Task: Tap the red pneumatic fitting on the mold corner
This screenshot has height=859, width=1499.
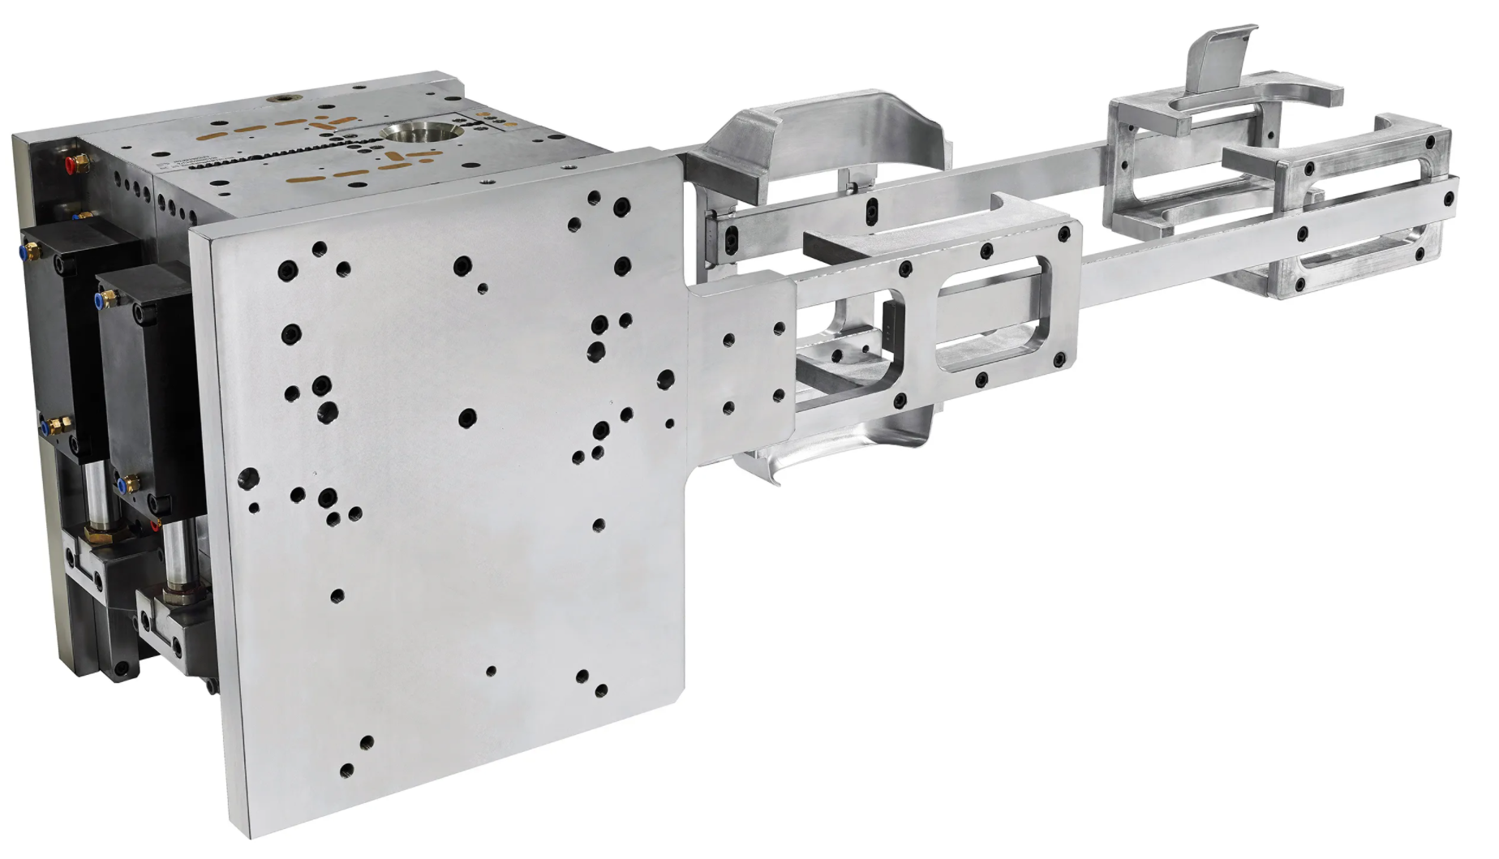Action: pos(72,163)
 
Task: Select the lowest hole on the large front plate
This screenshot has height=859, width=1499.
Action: pos(347,769)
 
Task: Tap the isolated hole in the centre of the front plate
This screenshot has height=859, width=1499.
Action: pos(467,419)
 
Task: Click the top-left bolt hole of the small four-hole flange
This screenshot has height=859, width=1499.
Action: pos(728,340)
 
